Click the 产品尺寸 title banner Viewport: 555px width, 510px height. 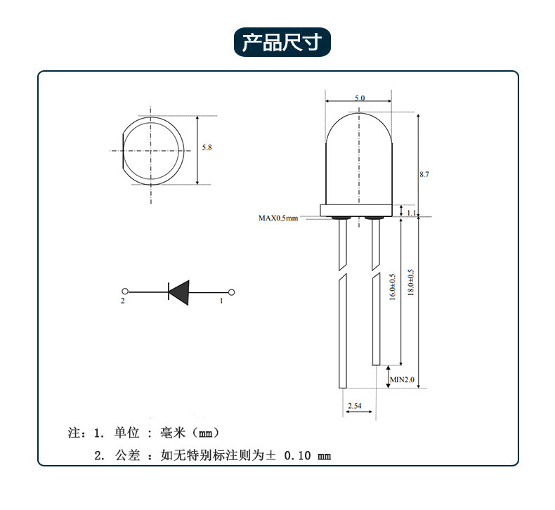point(282,42)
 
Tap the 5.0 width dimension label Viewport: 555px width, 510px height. point(360,98)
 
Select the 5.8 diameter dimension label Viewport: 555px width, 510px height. point(207,148)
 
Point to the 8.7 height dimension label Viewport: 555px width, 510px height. point(424,174)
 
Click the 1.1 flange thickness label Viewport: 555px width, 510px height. point(411,213)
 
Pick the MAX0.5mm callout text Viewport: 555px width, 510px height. point(278,218)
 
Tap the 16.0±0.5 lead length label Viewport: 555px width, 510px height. point(393,287)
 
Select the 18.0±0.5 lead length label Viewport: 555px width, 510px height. point(410,282)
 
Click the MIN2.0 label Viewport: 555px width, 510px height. point(402,379)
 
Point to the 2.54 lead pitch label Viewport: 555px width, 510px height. point(355,405)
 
